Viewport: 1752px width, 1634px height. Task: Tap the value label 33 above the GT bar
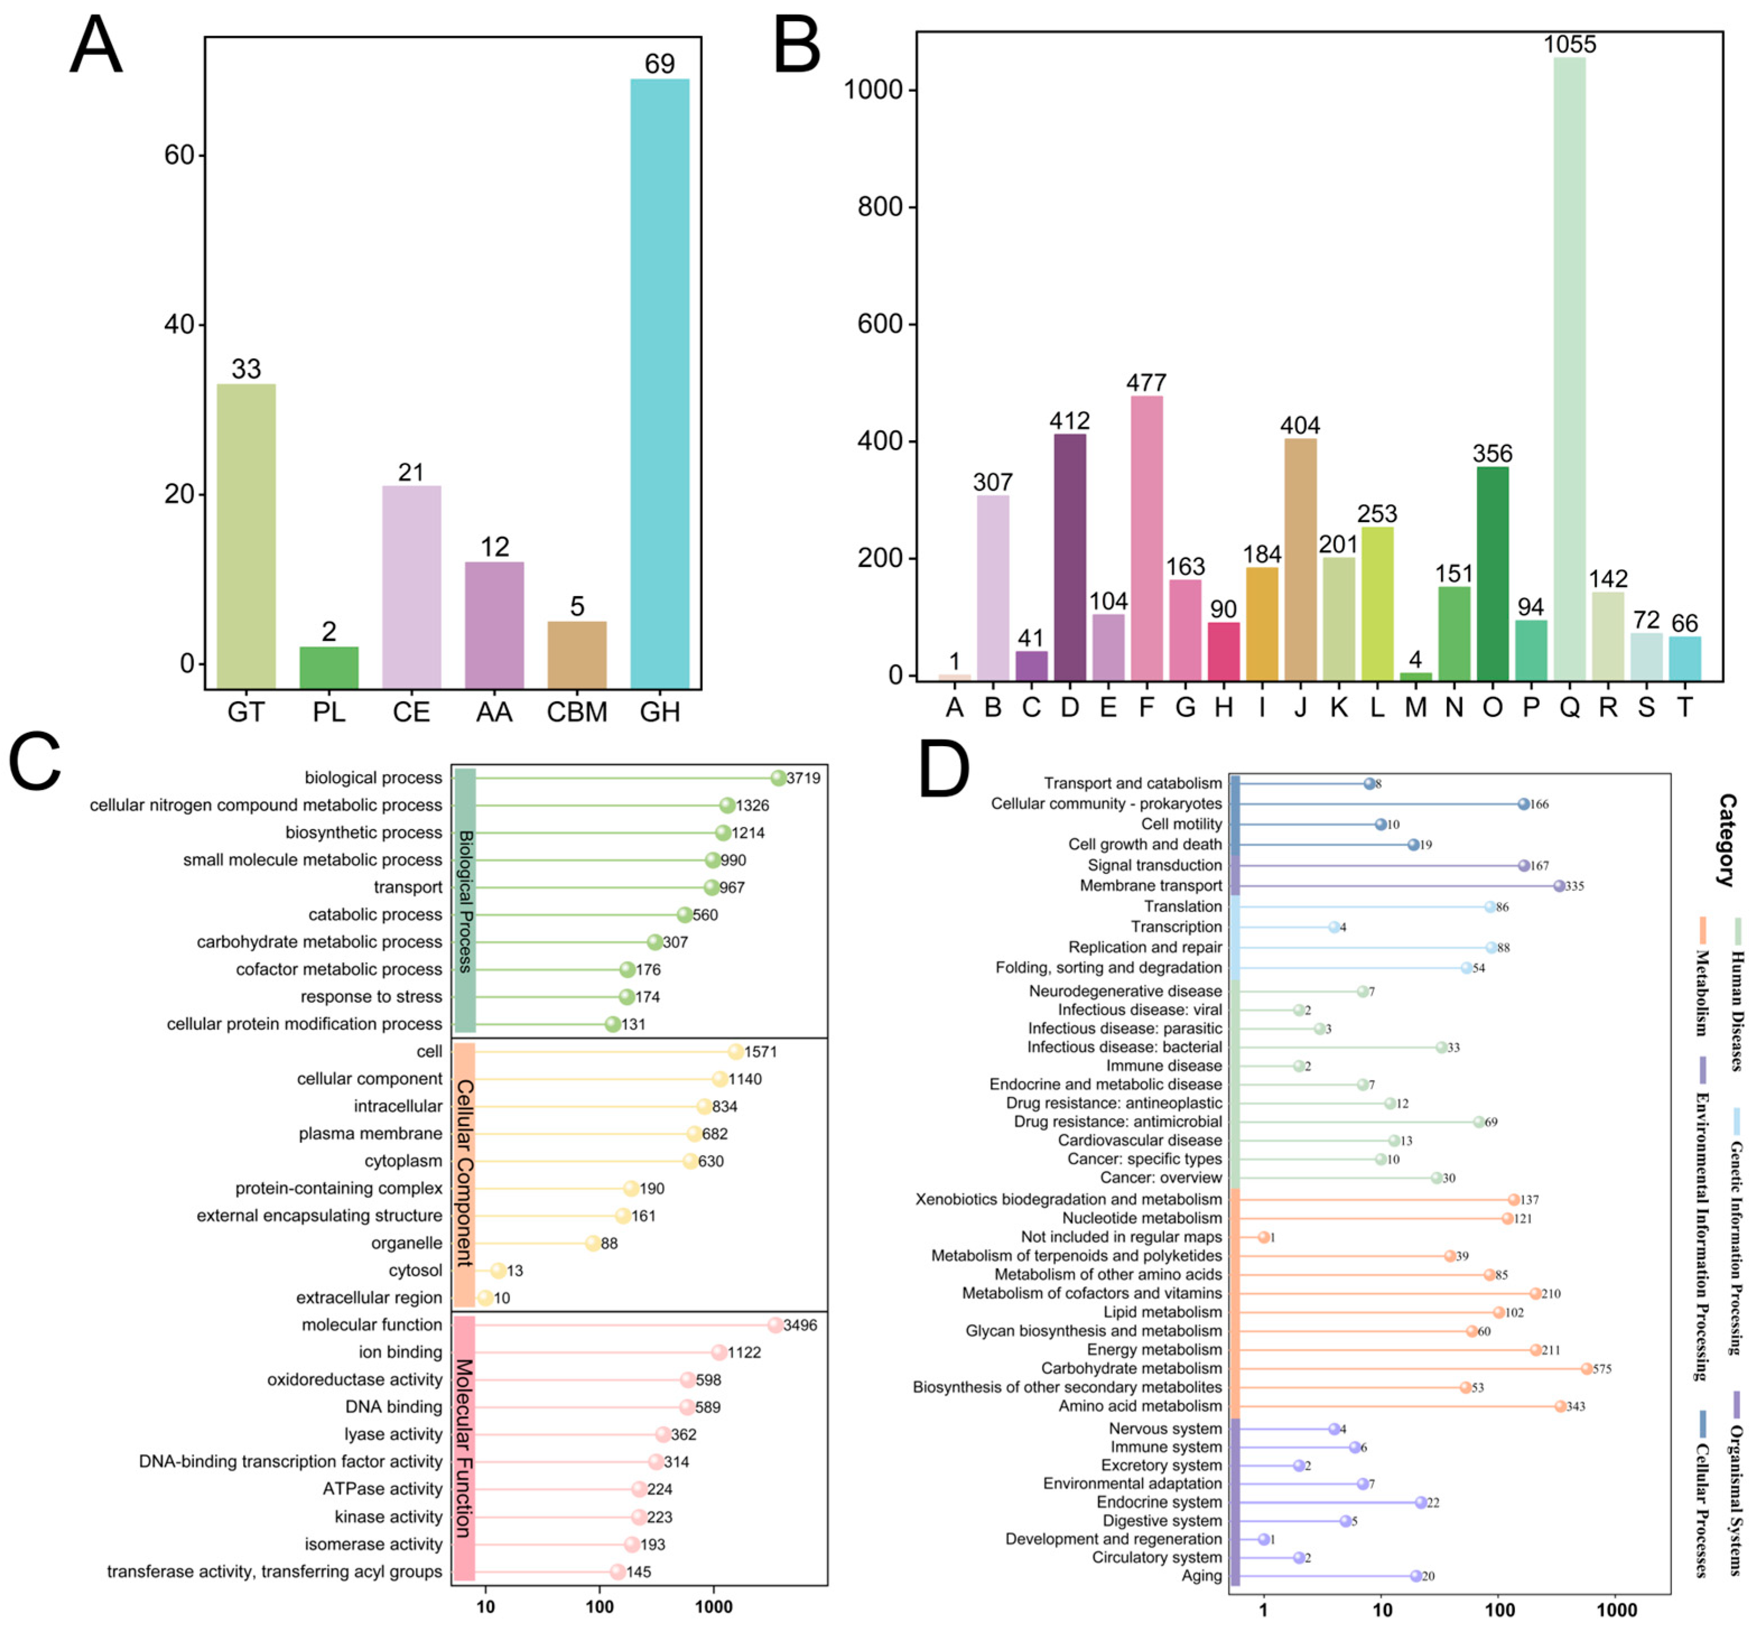(246, 369)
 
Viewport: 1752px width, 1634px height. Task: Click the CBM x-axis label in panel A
(577, 712)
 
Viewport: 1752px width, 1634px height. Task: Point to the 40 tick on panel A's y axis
(179, 324)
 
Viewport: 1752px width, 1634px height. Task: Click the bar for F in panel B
(1147, 538)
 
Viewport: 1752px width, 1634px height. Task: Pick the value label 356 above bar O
(1492, 453)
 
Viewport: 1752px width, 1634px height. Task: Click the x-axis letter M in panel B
(1415, 707)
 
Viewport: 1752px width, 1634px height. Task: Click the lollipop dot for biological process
(778, 778)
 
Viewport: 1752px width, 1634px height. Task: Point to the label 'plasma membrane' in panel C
(370, 1133)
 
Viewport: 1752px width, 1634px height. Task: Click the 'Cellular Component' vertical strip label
(464, 1173)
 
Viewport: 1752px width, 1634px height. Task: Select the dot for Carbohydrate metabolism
(1586, 1368)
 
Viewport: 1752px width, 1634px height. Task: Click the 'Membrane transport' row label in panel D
(1151, 886)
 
